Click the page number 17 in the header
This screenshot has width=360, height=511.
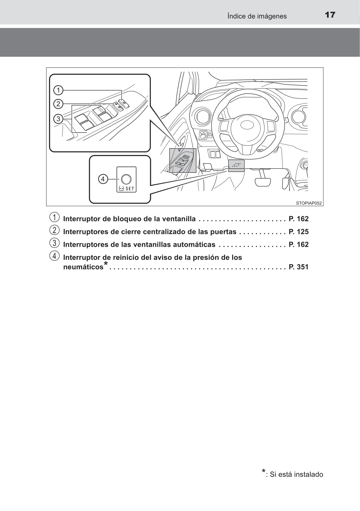point(330,15)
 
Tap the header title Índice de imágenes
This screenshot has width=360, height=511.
point(257,16)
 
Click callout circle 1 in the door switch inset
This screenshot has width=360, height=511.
point(58,90)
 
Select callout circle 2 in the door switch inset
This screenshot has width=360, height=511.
point(58,103)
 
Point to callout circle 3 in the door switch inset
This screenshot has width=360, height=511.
point(58,119)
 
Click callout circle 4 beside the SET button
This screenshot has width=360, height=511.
point(103,179)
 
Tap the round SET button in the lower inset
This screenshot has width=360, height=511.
point(126,179)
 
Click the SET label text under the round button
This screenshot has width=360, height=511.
point(130,188)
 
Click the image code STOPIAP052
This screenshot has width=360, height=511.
point(309,203)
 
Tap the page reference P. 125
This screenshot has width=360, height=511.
point(299,232)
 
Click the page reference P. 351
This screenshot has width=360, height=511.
point(299,267)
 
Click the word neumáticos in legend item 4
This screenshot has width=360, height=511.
point(83,267)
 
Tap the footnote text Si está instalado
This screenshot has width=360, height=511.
point(296,474)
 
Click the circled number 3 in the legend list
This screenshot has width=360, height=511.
point(54,243)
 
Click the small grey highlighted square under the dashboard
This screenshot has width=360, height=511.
point(236,165)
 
